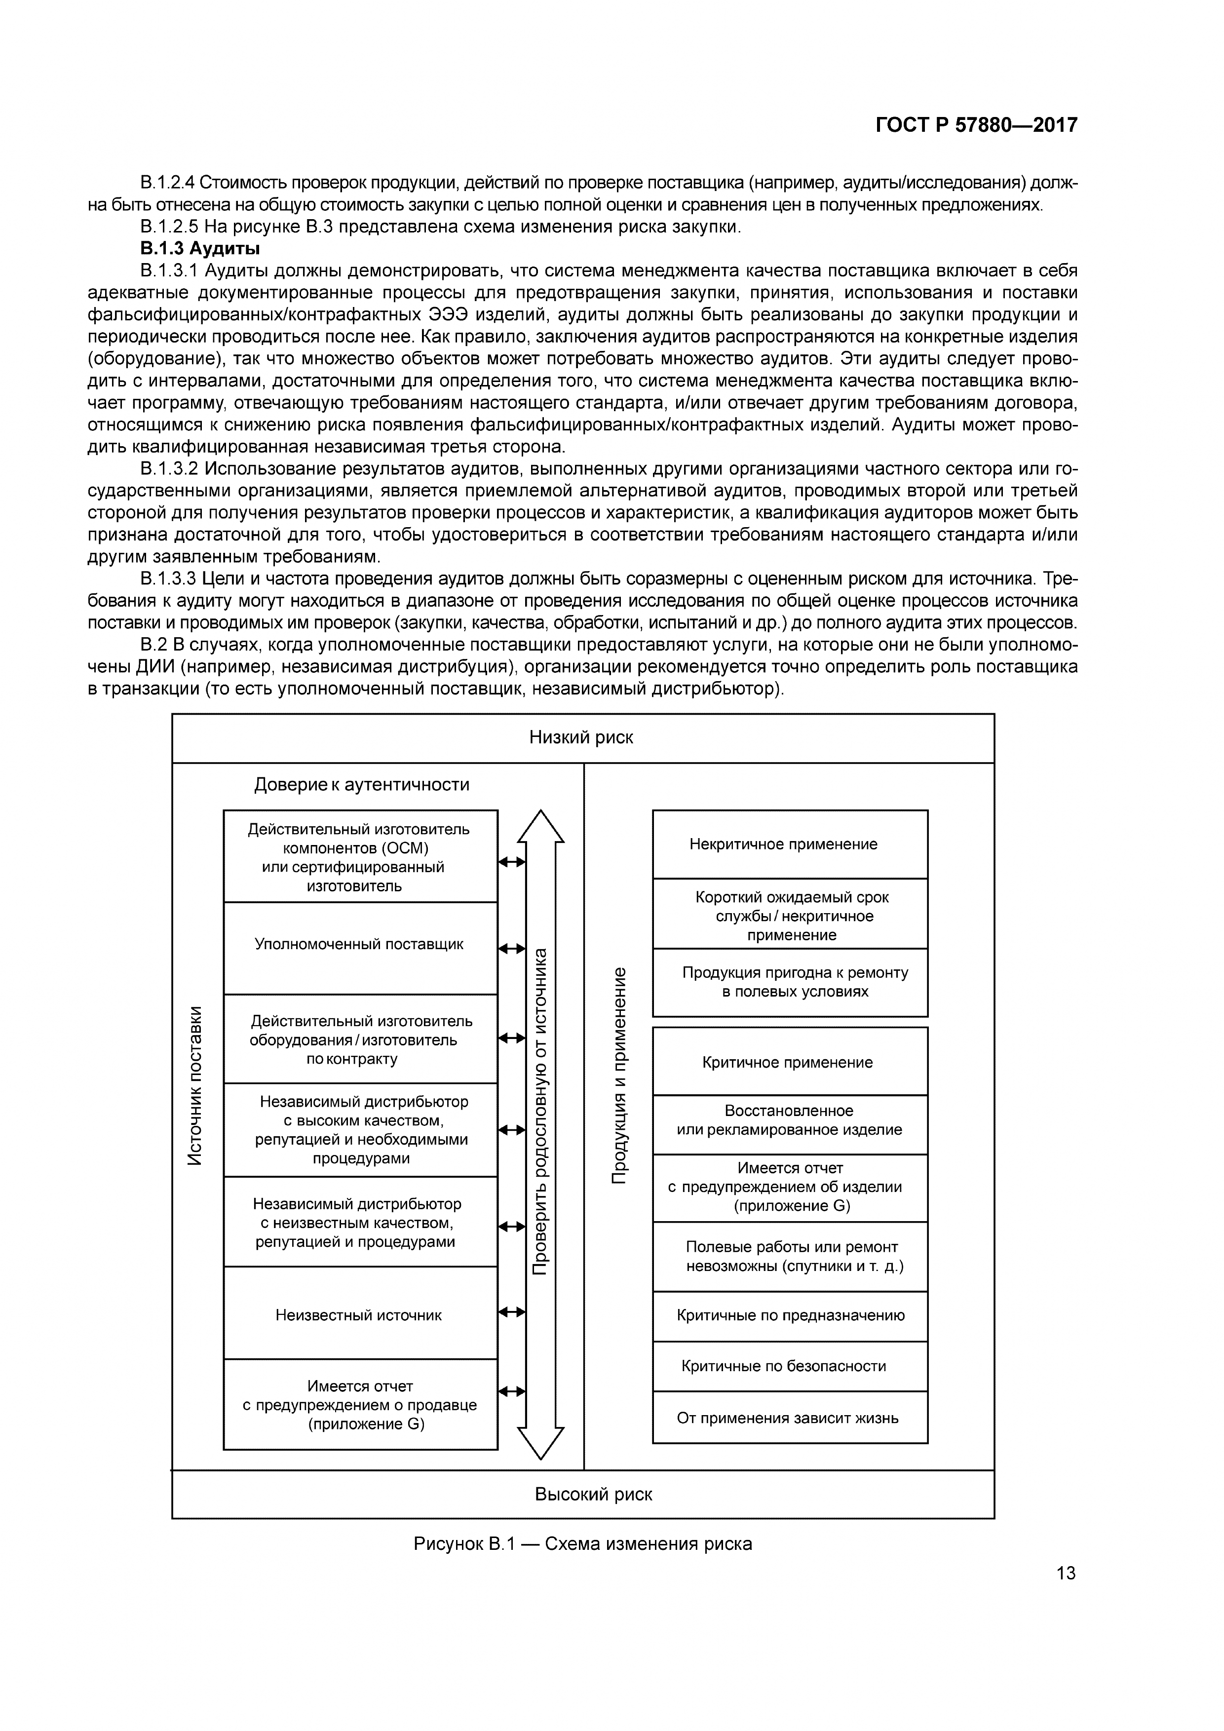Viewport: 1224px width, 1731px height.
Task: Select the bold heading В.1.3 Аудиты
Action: pos(200,248)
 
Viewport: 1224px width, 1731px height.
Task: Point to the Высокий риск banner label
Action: pos(593,1494)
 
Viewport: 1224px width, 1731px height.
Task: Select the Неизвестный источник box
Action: pos(359,1315)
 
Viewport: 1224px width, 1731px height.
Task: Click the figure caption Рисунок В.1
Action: pos(582,1543)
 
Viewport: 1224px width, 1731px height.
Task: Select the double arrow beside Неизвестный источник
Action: pos(512,1312)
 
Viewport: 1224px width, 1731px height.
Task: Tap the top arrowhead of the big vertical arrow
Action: pos(540,826)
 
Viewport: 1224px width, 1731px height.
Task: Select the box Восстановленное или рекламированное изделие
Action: pos(789,1120)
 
